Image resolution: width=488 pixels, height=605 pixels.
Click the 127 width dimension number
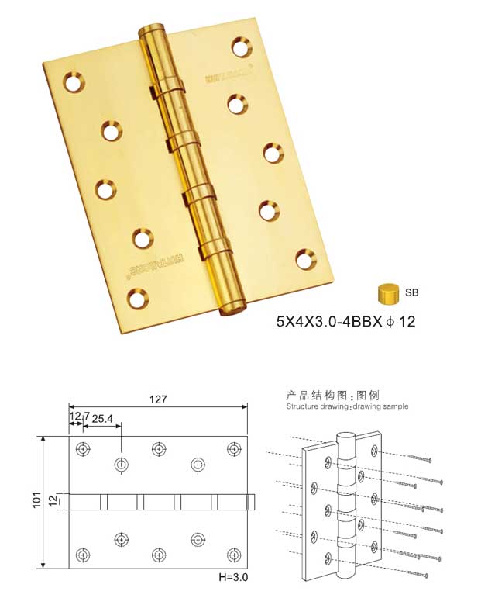pyautogui.click(x=158, y=399)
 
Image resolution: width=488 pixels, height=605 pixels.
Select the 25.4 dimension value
pyautogui.click(x=103, y=419)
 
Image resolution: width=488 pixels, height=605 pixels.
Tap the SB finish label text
pyautogui.click(x=411, y=293)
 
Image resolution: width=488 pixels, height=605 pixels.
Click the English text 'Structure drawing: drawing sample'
pyautogui.click(x=346, y=406)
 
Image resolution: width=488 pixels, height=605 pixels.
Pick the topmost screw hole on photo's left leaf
pyautogui.click(x=74, y=81)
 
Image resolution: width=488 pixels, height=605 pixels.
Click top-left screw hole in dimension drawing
pyautogui.click(x=83, y=449)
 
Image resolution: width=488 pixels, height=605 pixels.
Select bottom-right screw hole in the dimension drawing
pyautogui.click(x=234, y=554)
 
